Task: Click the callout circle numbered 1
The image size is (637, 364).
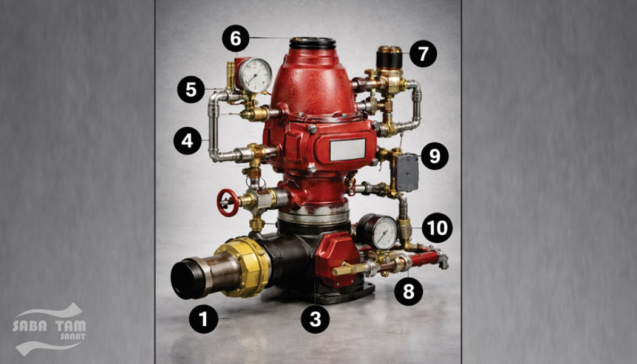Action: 203,319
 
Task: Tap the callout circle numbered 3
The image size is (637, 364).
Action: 315,319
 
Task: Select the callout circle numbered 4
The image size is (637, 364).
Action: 187,141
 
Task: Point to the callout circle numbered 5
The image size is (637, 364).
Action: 191,89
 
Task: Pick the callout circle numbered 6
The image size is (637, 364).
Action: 235,38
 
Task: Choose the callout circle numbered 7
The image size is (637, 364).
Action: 423,53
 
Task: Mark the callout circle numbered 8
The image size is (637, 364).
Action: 408,291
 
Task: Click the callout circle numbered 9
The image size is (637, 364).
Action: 435,156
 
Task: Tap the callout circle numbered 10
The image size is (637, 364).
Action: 437,228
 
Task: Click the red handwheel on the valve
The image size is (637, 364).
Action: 227,202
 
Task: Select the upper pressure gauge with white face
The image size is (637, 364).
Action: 254,75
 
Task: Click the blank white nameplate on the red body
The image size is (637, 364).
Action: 348,149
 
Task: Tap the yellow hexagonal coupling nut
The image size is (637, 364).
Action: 243,267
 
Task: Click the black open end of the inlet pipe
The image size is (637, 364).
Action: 185,280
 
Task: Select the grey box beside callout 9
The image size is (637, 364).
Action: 406,172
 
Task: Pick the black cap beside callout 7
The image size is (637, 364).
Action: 389,58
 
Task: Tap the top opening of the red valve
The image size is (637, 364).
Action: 312,42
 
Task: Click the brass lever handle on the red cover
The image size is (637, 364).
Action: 349,269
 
